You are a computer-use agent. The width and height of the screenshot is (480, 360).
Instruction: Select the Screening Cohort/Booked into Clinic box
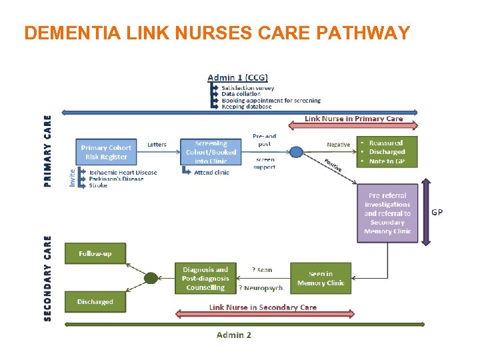(x=211, y=152)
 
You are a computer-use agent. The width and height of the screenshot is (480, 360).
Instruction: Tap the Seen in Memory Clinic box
(x=320, y=278)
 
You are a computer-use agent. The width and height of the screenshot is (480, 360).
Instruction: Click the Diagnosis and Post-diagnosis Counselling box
(x=205, y=279)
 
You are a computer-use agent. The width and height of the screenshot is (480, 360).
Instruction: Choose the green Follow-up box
(x=95, y=253)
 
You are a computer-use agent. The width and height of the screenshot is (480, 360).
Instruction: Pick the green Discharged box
(x=95, y=302)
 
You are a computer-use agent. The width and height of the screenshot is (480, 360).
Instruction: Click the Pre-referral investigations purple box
(x=387, y=213)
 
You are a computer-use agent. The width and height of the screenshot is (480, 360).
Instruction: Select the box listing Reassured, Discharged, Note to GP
(x=387, y=152)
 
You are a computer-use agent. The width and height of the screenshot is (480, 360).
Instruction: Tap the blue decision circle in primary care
(x=297, y=153)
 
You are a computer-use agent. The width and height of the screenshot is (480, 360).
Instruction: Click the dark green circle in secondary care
(x=151, y=278)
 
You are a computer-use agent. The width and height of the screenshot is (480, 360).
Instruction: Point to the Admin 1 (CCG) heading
(x=238, y=78)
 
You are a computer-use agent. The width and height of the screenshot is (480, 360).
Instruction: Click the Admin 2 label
(x=234, y=335)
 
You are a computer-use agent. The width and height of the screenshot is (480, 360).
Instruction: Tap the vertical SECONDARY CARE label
(x=47, y=278)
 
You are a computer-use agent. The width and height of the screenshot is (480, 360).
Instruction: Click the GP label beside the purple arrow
(x=437, y=213)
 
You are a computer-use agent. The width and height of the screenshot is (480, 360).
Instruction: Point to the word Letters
(x=157, y=145)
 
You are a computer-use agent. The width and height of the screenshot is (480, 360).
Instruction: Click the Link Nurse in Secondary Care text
(x=263, y=307)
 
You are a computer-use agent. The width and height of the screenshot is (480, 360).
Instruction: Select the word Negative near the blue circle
(x=338, y=145)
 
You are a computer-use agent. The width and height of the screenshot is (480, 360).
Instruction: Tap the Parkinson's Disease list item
(x=116, y=179)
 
